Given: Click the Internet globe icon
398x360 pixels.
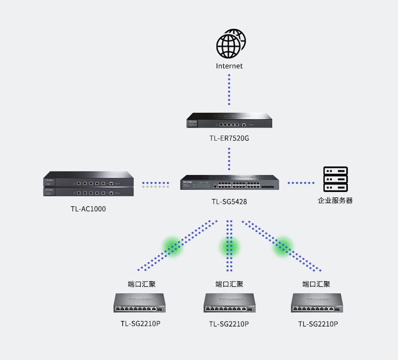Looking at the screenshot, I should (x=230, y=44).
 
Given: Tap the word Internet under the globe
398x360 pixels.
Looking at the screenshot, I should (x=229, y=66).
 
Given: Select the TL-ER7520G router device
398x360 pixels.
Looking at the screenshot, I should (x=229, y=121).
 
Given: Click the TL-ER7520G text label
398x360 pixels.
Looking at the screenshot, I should (x=229, y=138).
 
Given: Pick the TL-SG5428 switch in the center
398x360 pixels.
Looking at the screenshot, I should (x=229, y=182).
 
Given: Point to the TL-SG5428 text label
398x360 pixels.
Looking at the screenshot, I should (x=229, y=202).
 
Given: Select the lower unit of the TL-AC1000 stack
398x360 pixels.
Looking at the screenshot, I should (x=88, y=191).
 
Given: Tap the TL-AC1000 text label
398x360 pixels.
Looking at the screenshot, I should (x=88, y=209).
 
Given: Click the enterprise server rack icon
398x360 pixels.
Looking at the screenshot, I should (x=336, y=179).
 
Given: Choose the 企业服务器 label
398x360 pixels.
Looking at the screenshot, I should (x=336, y=201).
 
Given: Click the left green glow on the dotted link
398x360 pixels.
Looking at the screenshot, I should (x=173, y=246).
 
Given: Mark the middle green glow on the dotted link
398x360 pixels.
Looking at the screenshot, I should (x=230, y=246).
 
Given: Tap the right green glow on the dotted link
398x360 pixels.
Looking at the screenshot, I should (x=283, y=246).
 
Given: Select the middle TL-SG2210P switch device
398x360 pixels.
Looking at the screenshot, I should (x=229, y=303).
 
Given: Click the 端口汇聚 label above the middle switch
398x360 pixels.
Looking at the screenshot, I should (x=229, y=284).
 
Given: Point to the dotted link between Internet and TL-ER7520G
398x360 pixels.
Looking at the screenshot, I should (x=229, y=90).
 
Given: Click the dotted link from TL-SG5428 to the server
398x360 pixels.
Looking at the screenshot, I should (x=301, y=183).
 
